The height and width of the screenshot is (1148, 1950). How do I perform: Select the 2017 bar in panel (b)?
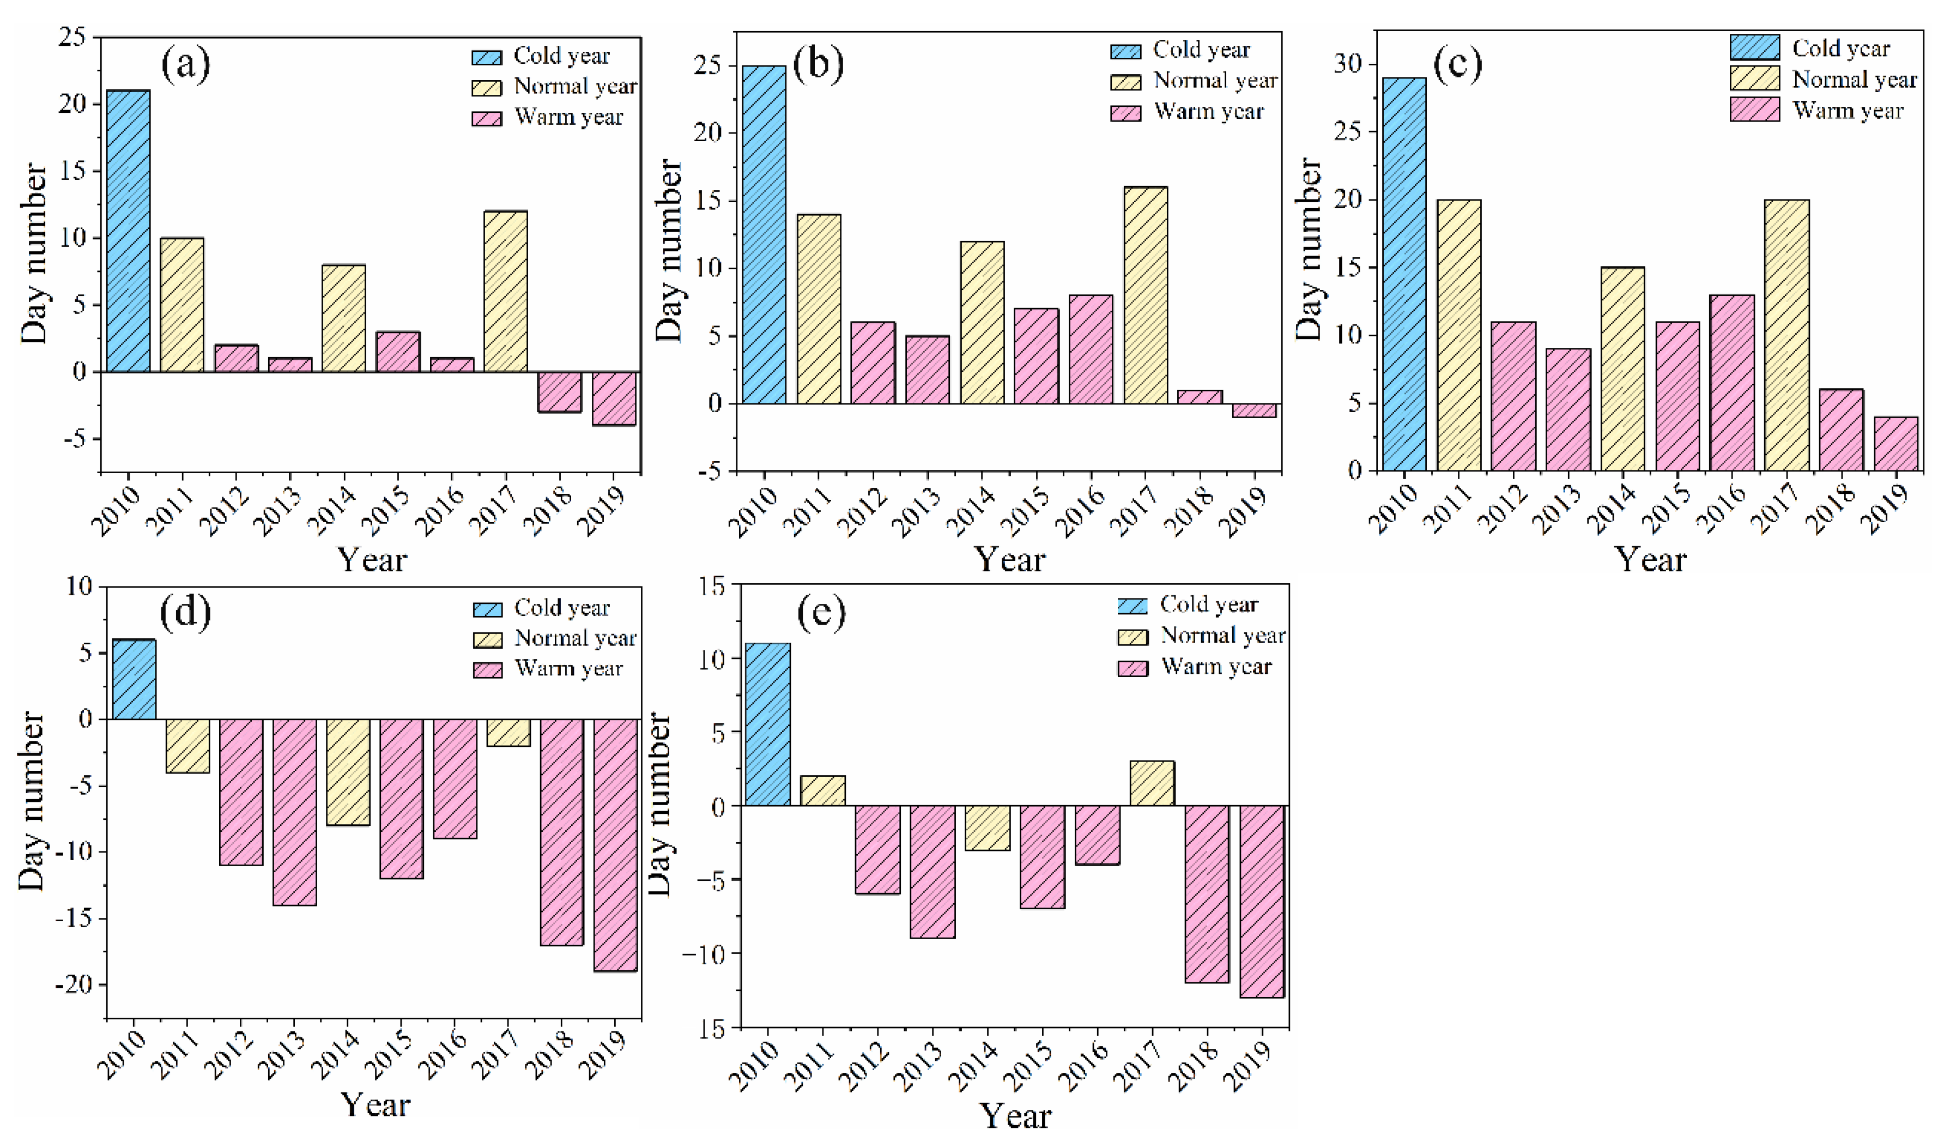(x=1145, y=295)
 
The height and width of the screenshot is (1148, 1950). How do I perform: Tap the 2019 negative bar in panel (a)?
(x=614, y=398)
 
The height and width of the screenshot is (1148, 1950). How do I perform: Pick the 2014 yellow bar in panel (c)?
(x=1622, y=368)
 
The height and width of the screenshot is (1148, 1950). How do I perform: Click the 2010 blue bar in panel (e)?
(x=767, y=724)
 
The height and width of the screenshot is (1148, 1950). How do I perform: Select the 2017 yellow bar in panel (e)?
(x=1152, y=783)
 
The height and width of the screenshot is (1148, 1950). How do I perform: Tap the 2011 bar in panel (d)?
(x=187, y=746)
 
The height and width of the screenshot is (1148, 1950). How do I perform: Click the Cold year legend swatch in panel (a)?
(x=487, y=57)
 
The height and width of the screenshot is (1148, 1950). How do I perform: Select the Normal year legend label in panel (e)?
(x=1222, y=636)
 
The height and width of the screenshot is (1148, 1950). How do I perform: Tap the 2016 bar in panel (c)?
(x=1732, y=383)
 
